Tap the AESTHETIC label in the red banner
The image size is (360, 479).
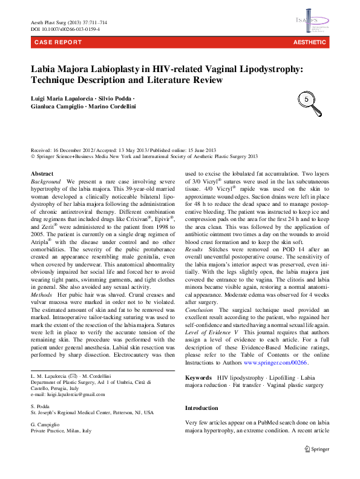(309, 43)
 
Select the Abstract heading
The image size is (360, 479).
(42, 174)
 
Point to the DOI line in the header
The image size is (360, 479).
(65, 29)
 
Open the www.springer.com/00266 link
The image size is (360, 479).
(275, 362)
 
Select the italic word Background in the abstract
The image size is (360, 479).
(46, 182)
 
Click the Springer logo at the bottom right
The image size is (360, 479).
(318, 450)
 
